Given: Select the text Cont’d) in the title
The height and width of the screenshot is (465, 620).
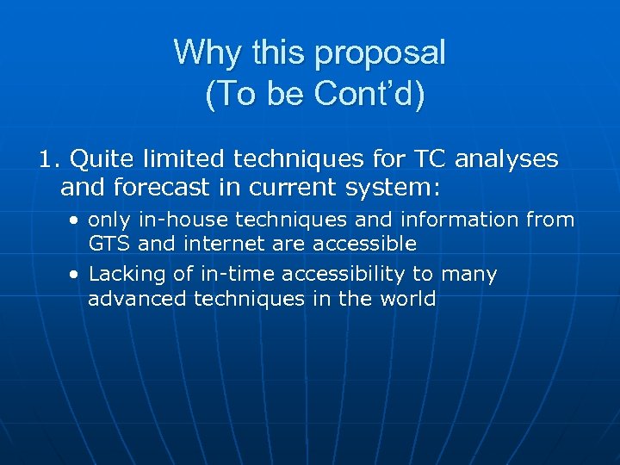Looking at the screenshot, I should pyautogui.click(x=369, y=94).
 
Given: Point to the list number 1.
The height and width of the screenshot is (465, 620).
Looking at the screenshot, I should pyautogui.click(x=47, y=159).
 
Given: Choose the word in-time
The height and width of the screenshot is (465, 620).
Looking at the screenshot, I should pyautogui.click(x=226, y=275).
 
